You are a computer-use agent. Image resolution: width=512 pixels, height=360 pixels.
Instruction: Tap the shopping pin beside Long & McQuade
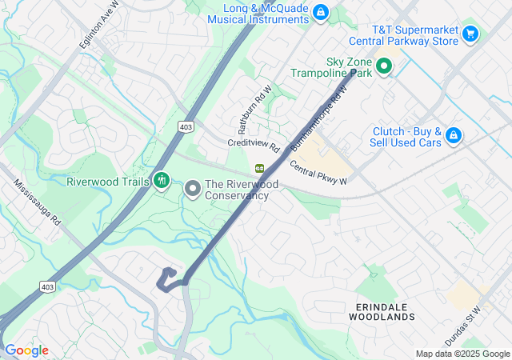click(x=320, y=12)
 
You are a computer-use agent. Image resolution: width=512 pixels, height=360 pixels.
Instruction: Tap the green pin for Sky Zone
click(x=383, y=67)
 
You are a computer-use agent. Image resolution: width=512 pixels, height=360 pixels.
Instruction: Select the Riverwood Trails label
click(x=108, y=182)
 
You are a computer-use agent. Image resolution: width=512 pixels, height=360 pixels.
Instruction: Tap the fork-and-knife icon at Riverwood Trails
click(x=162, y=181)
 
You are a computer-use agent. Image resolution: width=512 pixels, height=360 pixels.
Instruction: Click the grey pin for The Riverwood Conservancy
click(x=192, y=189)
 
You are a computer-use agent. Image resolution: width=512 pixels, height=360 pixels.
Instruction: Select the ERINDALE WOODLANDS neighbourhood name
click(x=382, y=311)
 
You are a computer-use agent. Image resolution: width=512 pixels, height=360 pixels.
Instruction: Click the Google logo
click(x=26, y=350)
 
